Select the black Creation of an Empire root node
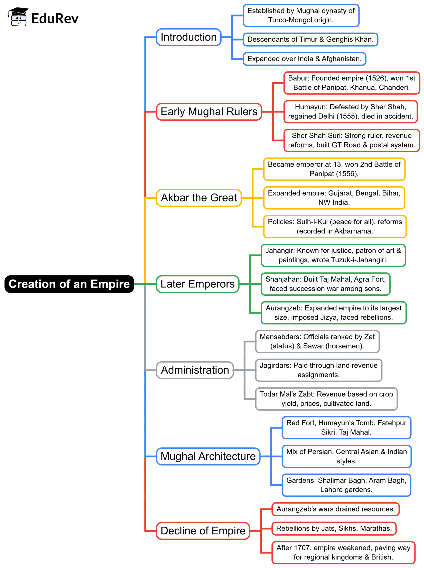(69, 284)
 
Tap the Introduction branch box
(189, 37)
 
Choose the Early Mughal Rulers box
(209, 112)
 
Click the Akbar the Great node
(199, 198)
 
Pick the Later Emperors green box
(197, 284)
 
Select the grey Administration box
(195, 370)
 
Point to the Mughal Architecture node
(208, 456)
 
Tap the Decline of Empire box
(203, 531)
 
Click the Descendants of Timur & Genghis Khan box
(310, 40)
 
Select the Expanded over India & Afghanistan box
(304, 59)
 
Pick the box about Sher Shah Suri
(351, 140)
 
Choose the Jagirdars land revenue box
(318, 370)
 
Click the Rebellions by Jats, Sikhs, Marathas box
(334, 528)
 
